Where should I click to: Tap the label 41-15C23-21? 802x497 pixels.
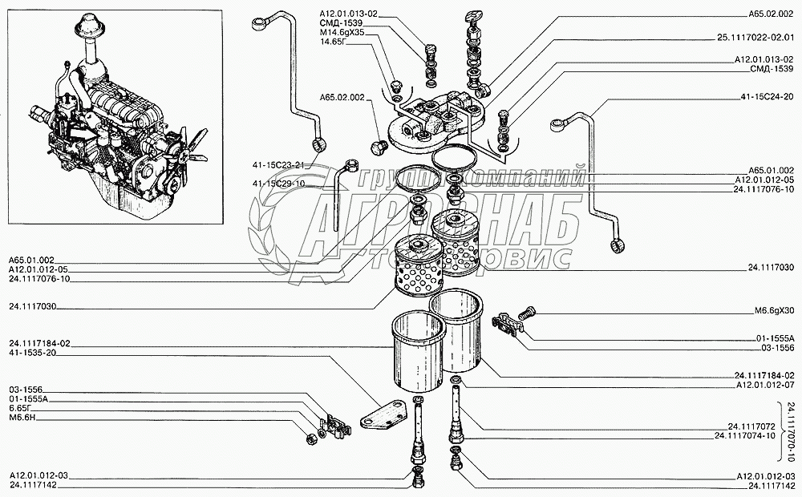click(279, 165)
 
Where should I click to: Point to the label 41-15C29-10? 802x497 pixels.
click(279, 184)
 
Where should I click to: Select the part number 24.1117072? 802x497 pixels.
click(751, 426)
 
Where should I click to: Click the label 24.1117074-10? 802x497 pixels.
click(746, 435)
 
